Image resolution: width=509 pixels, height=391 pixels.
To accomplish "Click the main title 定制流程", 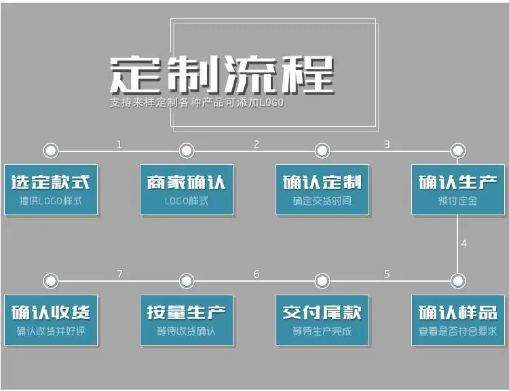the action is (x=223, y=75).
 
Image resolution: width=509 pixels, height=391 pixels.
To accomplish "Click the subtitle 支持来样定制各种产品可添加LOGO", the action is (x=197, y=103).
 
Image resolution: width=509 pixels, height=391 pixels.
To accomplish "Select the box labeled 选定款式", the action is (x=51, y=190).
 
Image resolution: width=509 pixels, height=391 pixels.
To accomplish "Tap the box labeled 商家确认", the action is (x=187, y=190).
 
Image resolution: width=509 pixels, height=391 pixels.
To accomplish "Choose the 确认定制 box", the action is (x=322, y=190).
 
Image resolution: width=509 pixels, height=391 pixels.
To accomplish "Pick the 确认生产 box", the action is (x=458, y=190).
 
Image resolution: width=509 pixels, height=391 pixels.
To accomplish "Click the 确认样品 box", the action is (x=458, y=320).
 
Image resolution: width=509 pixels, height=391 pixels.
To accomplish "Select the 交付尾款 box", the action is (x=322, y=320).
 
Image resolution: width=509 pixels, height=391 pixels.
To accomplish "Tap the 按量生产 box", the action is (x=187, y=320).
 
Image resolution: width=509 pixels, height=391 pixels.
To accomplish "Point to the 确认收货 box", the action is (x=51, y=320).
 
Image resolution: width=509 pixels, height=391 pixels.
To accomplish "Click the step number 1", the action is (x=119, y=145).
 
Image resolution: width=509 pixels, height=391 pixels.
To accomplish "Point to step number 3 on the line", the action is (x=387, y=145).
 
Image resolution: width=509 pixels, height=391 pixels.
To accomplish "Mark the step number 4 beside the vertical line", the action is (x=464, y=244).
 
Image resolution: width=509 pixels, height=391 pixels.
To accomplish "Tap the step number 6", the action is (x=257, y=274).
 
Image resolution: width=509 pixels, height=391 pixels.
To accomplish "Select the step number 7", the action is (x=119, y=274).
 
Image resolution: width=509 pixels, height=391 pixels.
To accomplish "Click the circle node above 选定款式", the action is (x=51, y=151).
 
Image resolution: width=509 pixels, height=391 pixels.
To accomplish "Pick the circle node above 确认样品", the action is (x=458, y=281).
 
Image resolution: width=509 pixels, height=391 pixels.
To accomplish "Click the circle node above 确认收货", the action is (x=51, y=281).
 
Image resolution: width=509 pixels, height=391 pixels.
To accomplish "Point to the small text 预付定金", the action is (x=457, y=201).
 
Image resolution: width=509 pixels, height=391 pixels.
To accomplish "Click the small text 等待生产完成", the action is (x=322, y=331).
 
